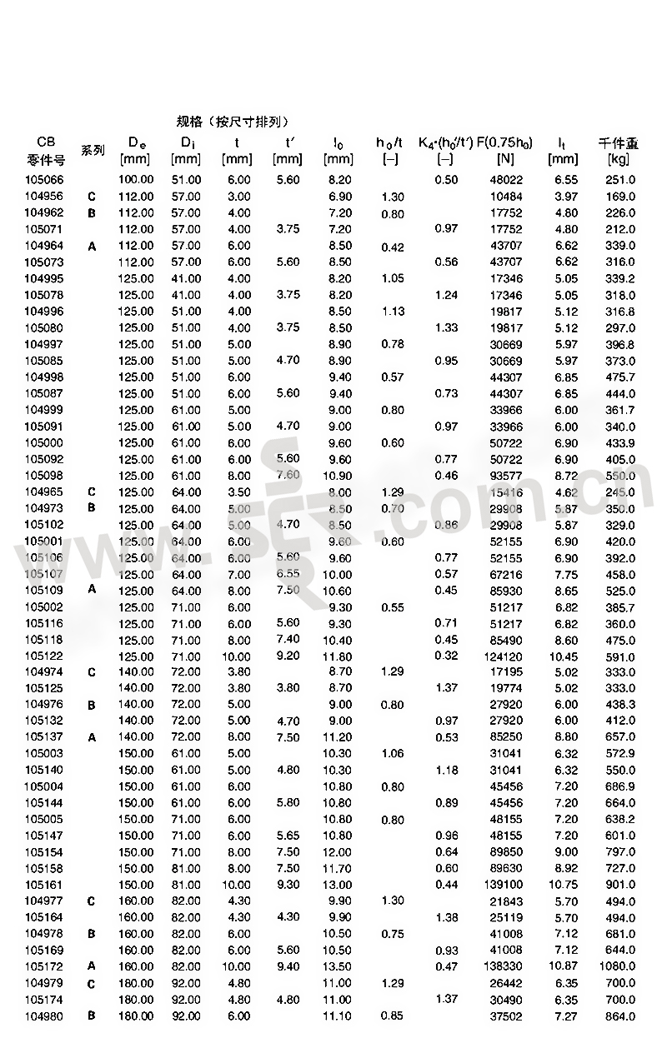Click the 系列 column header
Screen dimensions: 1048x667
[x=93, y=151]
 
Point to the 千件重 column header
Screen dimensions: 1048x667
[x=619, y=142]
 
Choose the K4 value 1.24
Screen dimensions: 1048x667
[x=446, y=295]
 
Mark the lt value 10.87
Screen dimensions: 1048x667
[x=564, y=966]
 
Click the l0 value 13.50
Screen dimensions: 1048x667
[x=337, y=966]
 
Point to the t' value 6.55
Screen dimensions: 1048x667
[x=287, y=573]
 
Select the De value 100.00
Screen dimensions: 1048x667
[x=136, y=180]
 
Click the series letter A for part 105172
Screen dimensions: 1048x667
[x=92, y=966]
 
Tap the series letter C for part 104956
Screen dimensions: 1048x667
[x=92, y=197]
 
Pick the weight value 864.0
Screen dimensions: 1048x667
[x=619, y=1016]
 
